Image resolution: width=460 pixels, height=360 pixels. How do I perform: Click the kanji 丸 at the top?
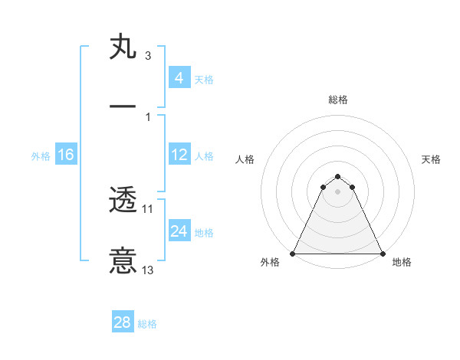[x=123, y=47]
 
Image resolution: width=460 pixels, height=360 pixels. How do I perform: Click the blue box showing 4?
[x=179, y=78]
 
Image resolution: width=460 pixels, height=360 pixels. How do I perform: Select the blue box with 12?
[x=179, y=155]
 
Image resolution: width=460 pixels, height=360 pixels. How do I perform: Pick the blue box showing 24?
[x=179, y=231]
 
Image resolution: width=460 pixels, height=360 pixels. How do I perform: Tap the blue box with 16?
[x=66, y=155]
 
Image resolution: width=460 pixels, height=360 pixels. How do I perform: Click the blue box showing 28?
[x=123, y=322]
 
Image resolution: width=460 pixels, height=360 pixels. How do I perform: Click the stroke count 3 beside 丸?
[x=147, y=56]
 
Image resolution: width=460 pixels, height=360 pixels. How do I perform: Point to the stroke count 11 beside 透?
[x=148, y=208]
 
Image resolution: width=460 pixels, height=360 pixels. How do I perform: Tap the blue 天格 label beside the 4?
[x=204, y=79]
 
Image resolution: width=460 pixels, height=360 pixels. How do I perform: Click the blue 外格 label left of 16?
[x=41, y=155]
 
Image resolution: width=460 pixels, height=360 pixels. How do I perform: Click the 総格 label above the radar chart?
[x=338, y=100]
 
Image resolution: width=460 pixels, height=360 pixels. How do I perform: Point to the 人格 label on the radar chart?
[x=245, y=159]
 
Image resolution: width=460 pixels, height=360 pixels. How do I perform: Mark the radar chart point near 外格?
[x=293, y=254]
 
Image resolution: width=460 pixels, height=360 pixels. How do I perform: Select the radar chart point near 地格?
[x=382, y=254]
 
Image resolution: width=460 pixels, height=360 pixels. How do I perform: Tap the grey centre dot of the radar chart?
[x=337, y=191]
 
